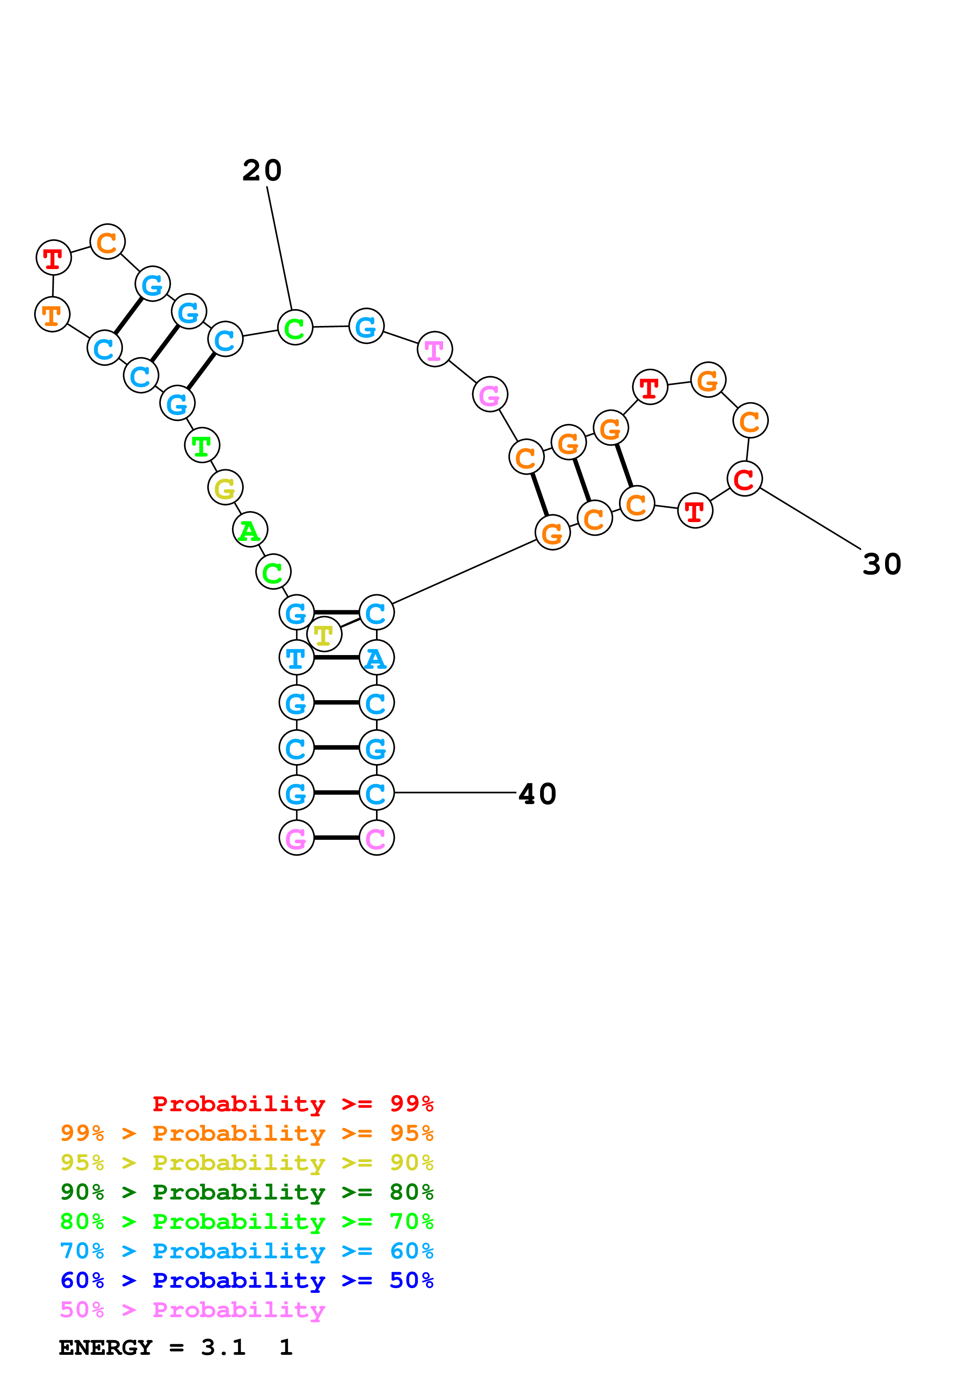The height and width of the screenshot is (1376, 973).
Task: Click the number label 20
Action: (262, 171)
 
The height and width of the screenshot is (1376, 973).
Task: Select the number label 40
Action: (537, 794)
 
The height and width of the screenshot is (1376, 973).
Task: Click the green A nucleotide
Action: (249, 530)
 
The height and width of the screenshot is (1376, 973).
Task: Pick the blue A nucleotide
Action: (376, 659)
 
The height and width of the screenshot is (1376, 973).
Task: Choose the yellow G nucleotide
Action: (225, 488)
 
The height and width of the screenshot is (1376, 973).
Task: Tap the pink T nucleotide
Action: (434, 349)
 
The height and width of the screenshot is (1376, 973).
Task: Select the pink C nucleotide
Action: (376, 838)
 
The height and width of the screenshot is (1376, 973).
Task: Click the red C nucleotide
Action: (744, 479)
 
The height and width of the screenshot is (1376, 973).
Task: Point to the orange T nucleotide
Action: (52, 315)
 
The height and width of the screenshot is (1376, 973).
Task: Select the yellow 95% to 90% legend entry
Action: (246, 1163)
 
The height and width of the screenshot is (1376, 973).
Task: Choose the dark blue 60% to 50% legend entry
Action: (246, 1281)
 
